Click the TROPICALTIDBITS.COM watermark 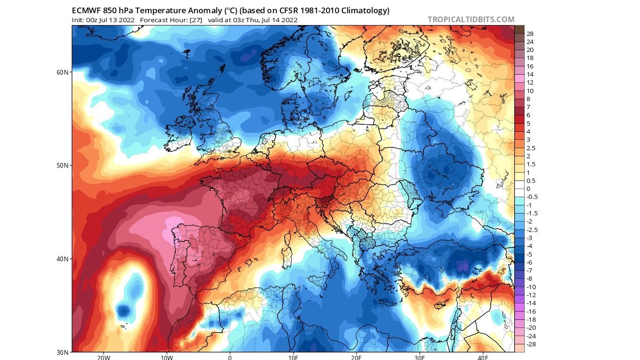click(x=471, y=19)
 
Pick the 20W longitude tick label click(x=104, y=357)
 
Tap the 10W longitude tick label click(x=166, y=357)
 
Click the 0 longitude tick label click(x=230, y=357)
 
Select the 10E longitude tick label click(x=293, y=357)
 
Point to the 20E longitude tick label click(x=356, y=357)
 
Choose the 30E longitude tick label click(x=419, y=357)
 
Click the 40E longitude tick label click(x=483, y=357)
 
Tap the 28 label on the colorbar click(x=530, y=34)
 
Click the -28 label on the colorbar click(x=531, y=344)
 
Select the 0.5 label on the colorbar click(x=531, y=181)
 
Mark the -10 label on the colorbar click(x=531, y=287)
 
